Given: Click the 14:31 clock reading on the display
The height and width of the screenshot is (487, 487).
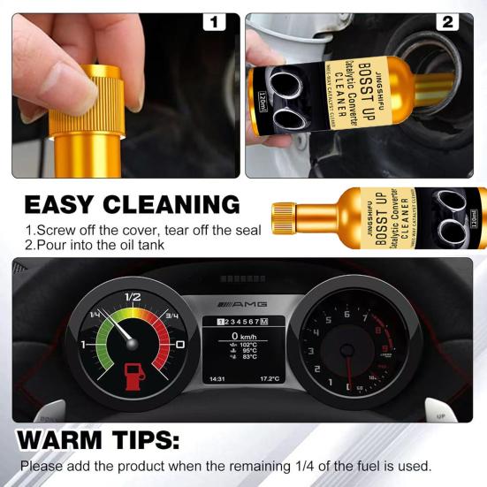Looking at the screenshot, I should pos(217,378).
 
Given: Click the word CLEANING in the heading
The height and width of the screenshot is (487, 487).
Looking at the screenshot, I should pos(182,205).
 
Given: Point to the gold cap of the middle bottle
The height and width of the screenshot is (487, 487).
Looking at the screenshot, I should pos(283,216).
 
